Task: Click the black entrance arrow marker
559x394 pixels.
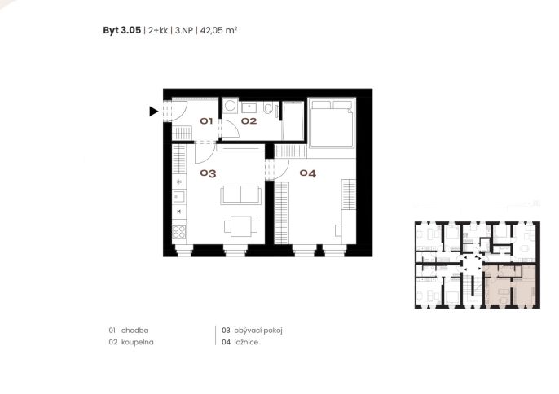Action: [x=153, y=112]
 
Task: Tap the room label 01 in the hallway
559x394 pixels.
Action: [x=206, y=121]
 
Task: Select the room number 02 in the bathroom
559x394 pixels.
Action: [x=249, y=121]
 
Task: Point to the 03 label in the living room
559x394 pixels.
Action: [x=209, y=173]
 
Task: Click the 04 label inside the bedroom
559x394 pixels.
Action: [x=308, y=173]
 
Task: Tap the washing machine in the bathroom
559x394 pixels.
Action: [x=231, y=106]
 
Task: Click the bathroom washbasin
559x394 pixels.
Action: [x=251, y=107]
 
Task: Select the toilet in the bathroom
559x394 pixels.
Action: [x=268, y=107]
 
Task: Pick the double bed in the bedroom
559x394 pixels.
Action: [x=332, y=123]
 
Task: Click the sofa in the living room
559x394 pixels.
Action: [x=240, y=195]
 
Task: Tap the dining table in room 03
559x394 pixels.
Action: [x=241, y=226]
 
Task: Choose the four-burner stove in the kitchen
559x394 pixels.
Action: [x=179, y=232]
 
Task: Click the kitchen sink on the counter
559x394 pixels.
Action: [x=178, y=197]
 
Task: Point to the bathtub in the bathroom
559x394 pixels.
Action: [x=293, y=120]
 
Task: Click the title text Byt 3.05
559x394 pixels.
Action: [x=122, y=30]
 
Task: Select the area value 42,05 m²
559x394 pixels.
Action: [x=218, y=30]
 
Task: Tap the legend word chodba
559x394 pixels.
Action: [x=134, y=331]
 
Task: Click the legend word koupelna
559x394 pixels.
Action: [x=138, y=342]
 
